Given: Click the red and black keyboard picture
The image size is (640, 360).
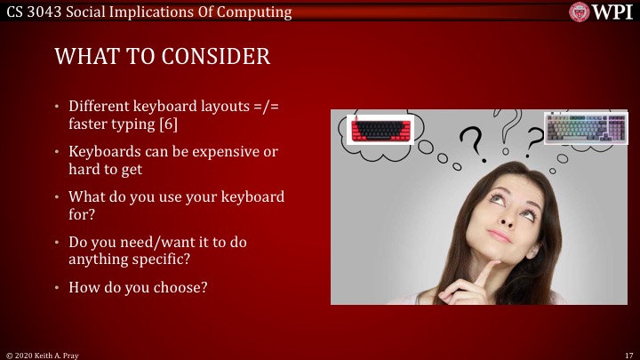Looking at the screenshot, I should (381, 131).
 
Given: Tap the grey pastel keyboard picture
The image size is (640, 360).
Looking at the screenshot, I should (586, 127).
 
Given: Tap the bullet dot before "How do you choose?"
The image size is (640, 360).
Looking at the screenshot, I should (59, 287).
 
